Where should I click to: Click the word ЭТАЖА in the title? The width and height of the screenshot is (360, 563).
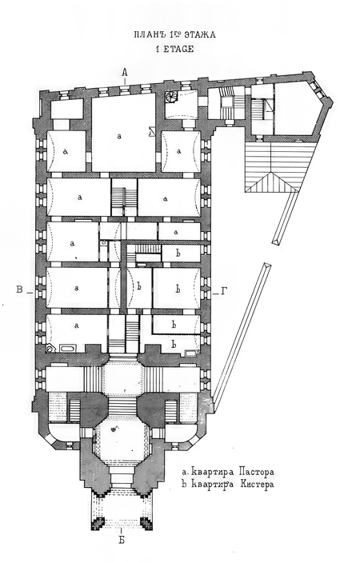coord(200,35)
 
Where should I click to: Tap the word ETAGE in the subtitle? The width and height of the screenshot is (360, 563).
coord(178,50)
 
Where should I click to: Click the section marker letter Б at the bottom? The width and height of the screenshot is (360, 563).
coord(122,540)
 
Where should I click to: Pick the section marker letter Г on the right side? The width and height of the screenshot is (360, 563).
coord(223,292)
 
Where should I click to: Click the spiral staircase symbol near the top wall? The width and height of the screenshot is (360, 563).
coord(170,97)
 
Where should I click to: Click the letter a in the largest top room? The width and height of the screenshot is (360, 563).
coord(119,136)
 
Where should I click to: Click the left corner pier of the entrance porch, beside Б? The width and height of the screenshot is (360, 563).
coord(97,524)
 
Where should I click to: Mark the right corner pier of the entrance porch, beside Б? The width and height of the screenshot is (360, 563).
coord(146,524)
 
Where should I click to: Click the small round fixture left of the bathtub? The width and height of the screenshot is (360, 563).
coord(50,348)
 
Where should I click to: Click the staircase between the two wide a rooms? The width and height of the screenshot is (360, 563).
coord(124,198)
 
